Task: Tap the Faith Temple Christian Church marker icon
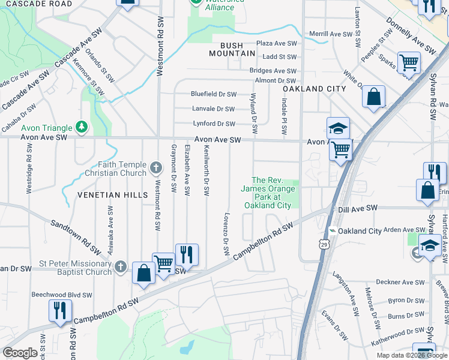(x=155, y=167)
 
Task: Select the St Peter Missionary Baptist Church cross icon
(x=121, y=266)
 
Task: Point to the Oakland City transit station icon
(x=332, y=231)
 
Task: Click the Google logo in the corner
(x=20, y=352)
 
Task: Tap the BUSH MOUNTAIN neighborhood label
(x=232, y=49)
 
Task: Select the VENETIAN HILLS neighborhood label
(x=112, y=195)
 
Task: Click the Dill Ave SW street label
(x=357, y=208)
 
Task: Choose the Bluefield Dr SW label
(x=214, y=94)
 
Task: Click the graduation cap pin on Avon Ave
(x=338, y=128)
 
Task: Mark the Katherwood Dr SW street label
(x=397, y=331)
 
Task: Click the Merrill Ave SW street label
(x=329, y=34)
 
